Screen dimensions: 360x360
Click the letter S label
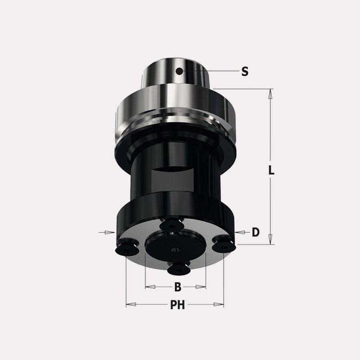(245, 72)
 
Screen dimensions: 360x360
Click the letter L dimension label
(271, 170)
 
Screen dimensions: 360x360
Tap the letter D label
(256, 232)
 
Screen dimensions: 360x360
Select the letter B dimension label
(178, 287)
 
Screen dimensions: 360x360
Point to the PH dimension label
(177, 305)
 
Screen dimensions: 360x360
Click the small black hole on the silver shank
(179, 72)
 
